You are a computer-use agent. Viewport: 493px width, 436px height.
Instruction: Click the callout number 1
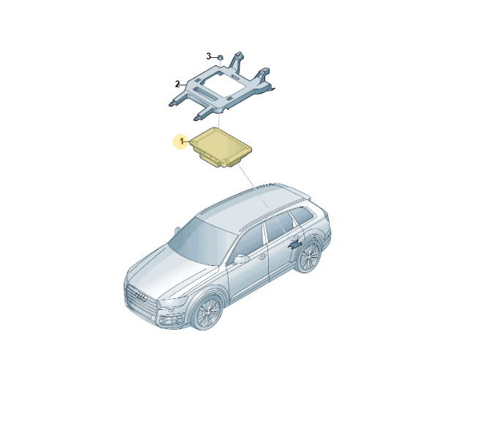coord(182,141)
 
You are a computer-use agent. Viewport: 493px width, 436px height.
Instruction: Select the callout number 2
coord(177,84)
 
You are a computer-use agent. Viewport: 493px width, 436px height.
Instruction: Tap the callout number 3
coord(209,56)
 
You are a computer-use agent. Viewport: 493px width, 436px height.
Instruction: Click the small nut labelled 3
coord(220,57)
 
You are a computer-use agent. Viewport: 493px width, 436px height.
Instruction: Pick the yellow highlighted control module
coord(220,147)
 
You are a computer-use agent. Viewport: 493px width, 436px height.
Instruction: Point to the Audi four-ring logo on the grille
coord(141,297)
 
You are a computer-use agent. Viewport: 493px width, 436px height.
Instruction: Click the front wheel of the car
coord(207,312)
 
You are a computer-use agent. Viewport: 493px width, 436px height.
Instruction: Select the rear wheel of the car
coord(308,256)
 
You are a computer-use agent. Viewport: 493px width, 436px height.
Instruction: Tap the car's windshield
coord(203,240)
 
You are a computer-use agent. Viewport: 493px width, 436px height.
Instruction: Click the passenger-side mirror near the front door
coord(241,259)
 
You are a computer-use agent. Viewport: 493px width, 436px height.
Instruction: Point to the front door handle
coord(262,256)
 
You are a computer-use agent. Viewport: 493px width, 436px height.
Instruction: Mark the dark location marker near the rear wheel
coord(295,245)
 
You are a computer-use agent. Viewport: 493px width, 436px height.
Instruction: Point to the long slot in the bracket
coord(207,94)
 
